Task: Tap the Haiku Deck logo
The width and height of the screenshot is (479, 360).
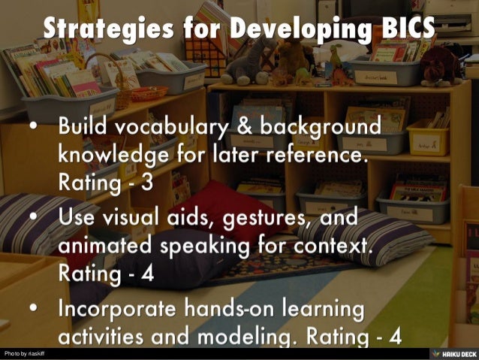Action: (x=451, y=353)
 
